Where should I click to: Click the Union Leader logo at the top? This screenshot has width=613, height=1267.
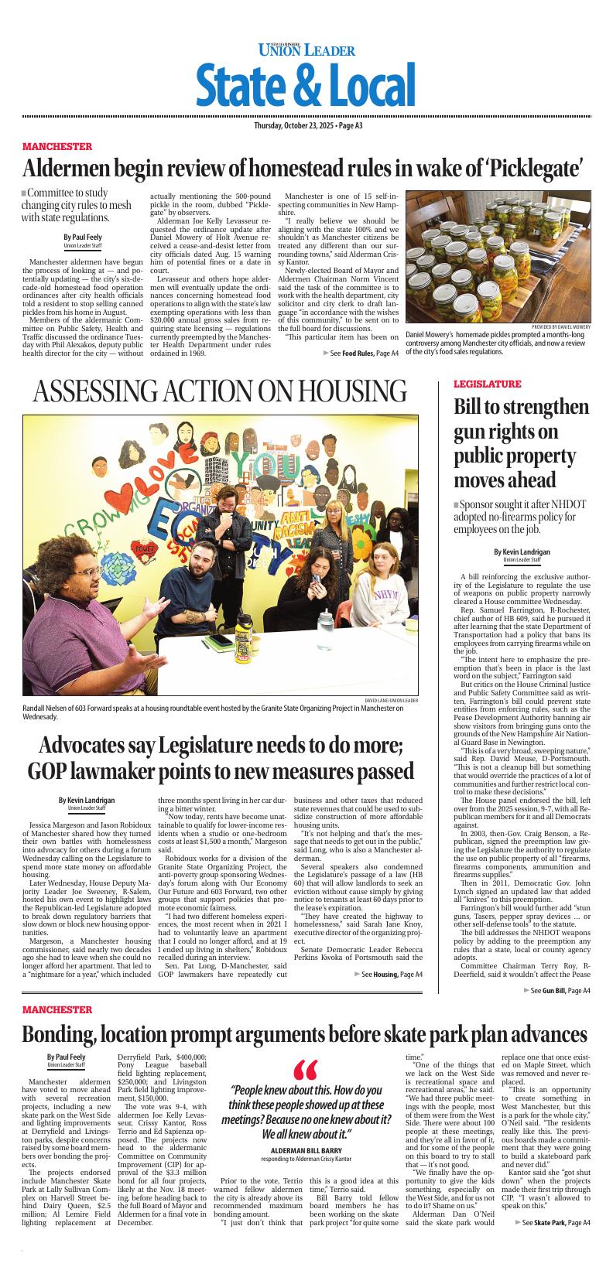(306, 50)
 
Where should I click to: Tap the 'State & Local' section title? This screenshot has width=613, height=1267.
(306, 85)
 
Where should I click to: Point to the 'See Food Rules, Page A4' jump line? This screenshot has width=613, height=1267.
(361, 353)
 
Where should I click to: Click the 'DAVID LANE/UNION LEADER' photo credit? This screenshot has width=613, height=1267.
(391, 700)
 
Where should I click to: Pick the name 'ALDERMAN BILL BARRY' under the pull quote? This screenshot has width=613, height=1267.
(306, 1151)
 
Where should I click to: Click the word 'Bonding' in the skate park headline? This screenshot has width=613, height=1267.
(68, 1035)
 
